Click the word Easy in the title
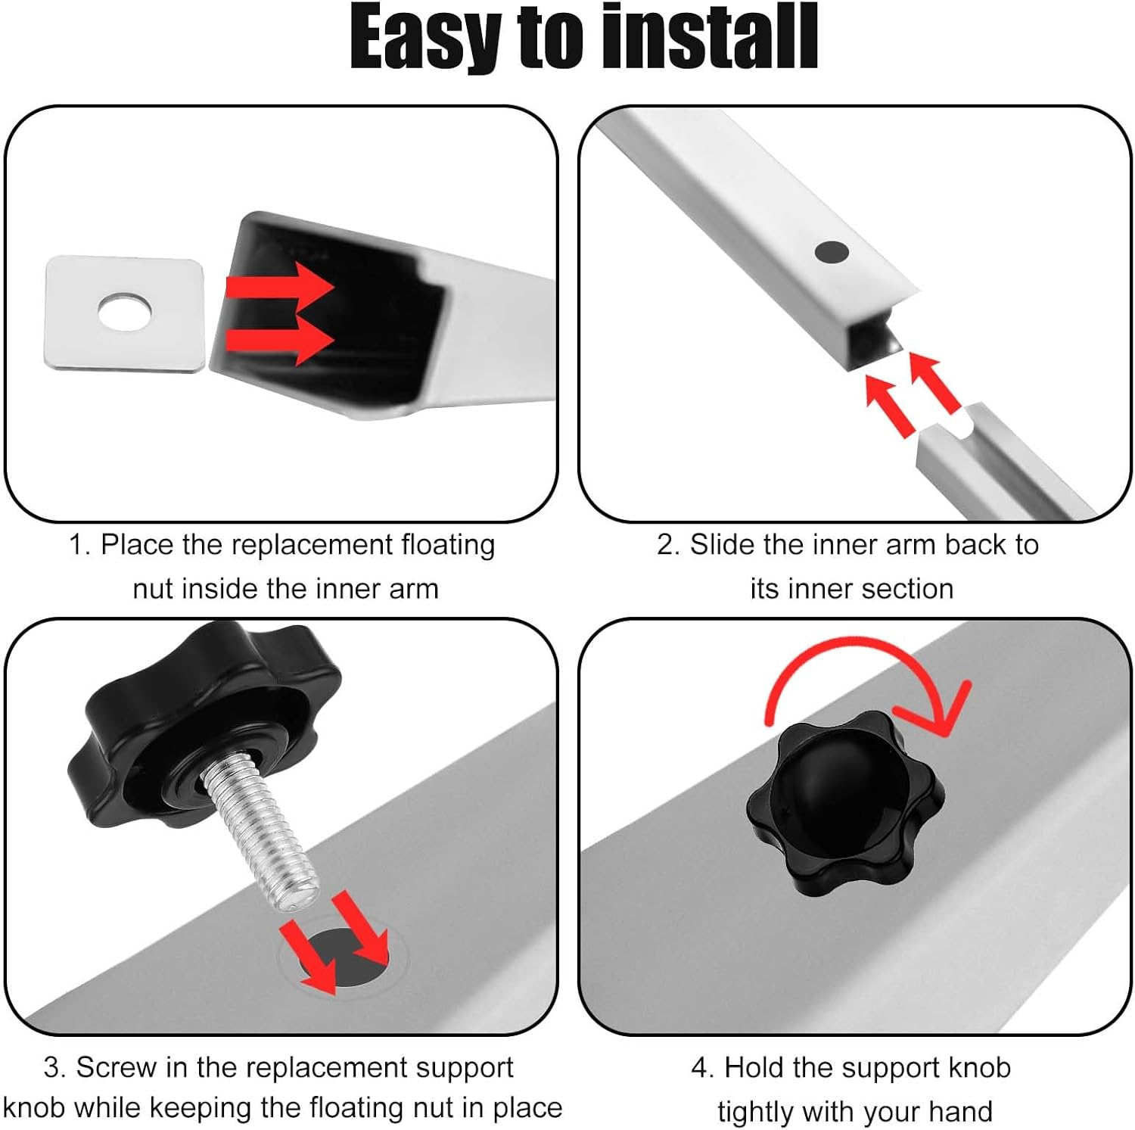point(428,38)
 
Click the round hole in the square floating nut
point(125,311)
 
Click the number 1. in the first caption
point(80,545)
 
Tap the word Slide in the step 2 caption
point(723,545)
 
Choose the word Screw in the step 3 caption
point(117,1067)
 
